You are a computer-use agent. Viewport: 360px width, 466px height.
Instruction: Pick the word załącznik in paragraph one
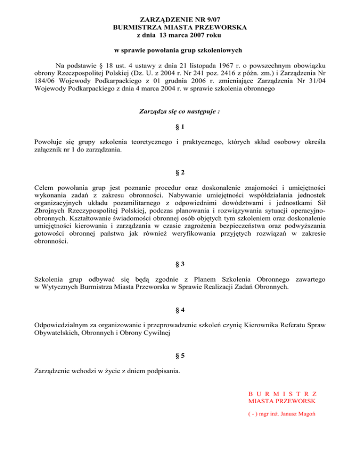coord(50,150)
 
